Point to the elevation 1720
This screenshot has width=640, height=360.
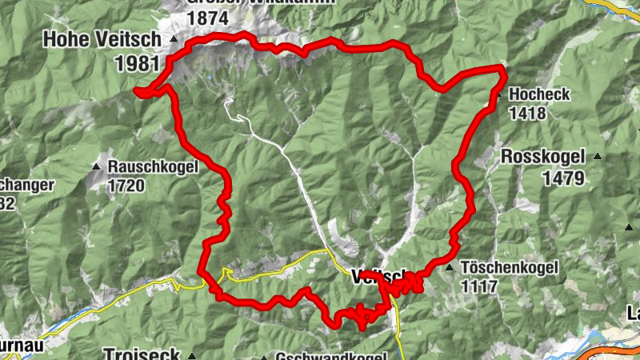(126, 186)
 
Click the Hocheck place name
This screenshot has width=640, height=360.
(538, 94)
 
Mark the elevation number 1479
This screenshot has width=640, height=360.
(563, 178)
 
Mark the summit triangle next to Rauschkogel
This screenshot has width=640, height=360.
(96, 166)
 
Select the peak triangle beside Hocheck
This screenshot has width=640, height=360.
(498, 94)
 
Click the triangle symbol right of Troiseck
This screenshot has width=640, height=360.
(192, 354)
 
